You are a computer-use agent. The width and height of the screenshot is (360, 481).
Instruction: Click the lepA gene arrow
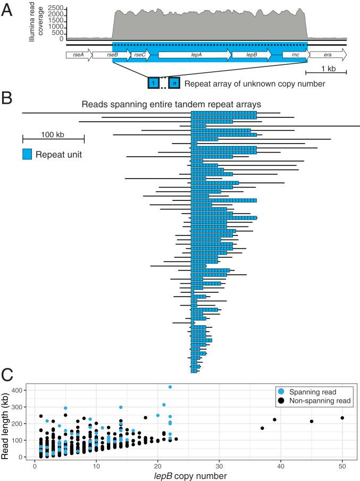coord(195,55)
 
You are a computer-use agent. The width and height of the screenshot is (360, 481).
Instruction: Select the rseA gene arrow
coord(79,55)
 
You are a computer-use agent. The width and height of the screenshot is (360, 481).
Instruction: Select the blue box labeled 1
coord(153,83)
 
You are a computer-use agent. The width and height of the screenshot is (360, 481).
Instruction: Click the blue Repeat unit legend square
coord(28,155)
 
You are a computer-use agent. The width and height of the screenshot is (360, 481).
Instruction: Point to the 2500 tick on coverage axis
coord(55,9)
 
